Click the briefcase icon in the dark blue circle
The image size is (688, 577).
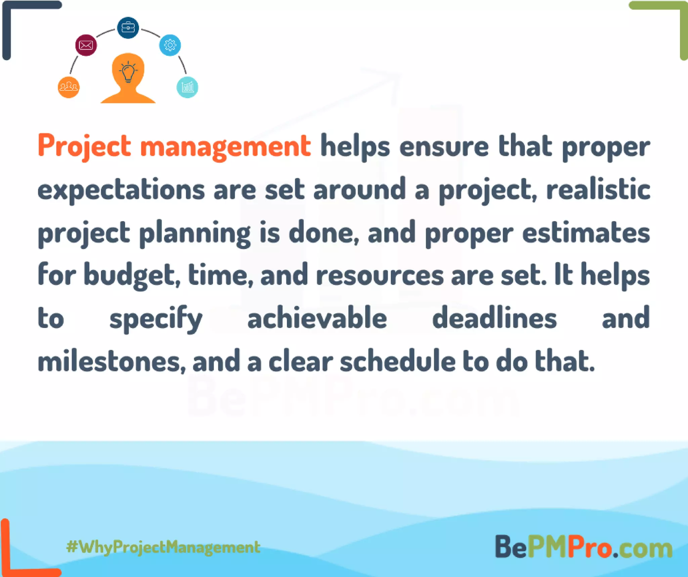(x=128, y=28)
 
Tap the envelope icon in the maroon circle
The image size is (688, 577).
(x=86, y=45)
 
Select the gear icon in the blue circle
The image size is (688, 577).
(x=170, y=45)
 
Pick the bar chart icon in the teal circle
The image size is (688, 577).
(x=187, y=87)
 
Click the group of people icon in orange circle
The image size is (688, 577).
(x=69, y=87)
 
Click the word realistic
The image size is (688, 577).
(x=598, y=190)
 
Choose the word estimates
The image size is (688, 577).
(x=586, y=233)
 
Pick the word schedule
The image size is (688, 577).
(x=398, y=362)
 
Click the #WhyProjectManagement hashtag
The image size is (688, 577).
(x=163, y=547)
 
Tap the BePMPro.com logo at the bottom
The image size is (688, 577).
(x=584, y=547)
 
